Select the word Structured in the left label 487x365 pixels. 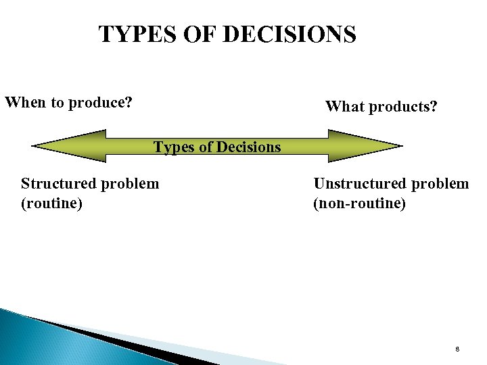57,183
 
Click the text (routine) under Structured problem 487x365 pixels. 51,202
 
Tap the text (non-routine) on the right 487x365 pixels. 359,202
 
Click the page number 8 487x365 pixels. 458,349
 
